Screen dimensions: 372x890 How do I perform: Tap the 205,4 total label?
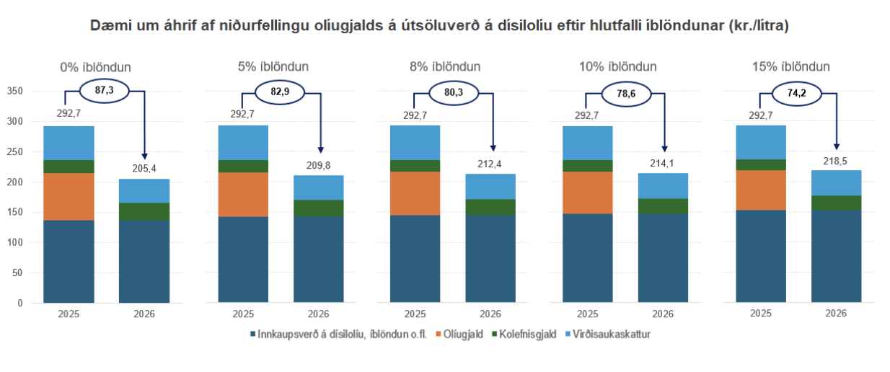point(144,168)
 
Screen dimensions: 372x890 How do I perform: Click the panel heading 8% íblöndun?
point(445,66)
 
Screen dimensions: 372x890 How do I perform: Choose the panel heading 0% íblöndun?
point(95,66)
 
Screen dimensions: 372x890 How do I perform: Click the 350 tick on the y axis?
point(15,92)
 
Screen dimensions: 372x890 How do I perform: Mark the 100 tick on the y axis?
point(15,242)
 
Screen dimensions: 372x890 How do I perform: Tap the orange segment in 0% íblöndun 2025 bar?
point(69,196)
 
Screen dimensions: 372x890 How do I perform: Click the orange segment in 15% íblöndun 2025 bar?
point(761,190)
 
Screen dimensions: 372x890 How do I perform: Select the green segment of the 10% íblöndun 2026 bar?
point(663,205)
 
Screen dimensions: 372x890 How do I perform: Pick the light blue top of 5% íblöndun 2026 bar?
point(318,187)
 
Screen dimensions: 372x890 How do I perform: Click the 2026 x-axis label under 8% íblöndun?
point(490,314)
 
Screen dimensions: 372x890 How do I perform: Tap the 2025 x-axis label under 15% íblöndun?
point(761,314)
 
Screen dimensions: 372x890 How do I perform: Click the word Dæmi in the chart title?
point(107,26)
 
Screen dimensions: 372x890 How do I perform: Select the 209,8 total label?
point(318,164)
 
